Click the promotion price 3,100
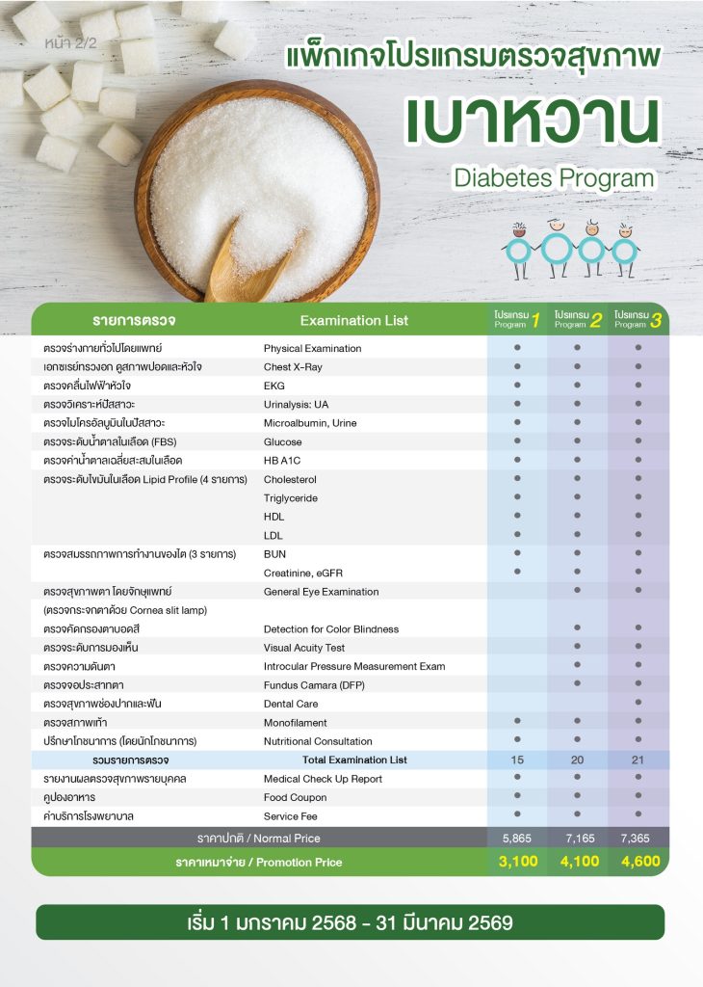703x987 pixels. [x=518, y=862]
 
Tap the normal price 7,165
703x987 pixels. [x=578, y=838]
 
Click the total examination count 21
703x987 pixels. [x=638, y=760]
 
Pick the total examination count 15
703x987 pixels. [x=518, y=760]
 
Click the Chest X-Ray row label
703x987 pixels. [x=293, y=367]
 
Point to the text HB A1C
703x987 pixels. [x=283, y=461]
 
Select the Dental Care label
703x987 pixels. [x=291, y=705]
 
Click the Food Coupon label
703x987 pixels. [x=295, y=798]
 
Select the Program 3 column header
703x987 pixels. [x=638, y=320]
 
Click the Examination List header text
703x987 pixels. [x=353, y=321]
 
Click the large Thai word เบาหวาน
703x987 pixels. [x=532, y=120]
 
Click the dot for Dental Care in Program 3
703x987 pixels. [x=638, y=704]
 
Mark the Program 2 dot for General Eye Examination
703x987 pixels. [x=578, y=591]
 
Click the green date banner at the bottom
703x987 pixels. [x=351, y=922]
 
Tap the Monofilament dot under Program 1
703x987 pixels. [x=518, y=722]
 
